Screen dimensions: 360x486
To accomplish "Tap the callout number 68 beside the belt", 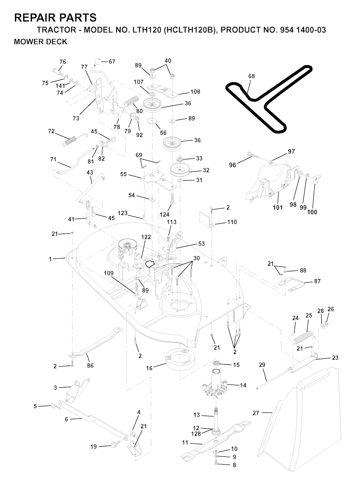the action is (252, 76).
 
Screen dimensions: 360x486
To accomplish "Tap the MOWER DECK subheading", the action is (40, 42).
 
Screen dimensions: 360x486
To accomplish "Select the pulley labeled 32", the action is (180, 170).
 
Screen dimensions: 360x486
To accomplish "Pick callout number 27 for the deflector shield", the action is (256, 413).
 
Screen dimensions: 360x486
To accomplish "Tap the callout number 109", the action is (109, 273).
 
